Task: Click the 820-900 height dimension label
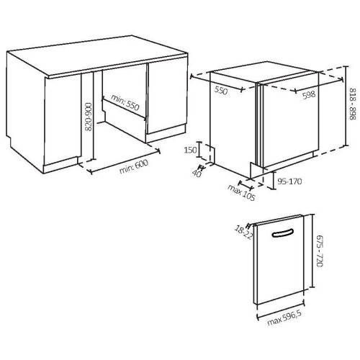click(89, 117)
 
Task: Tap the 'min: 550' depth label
click(125, 102)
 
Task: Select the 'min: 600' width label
click(134, 166)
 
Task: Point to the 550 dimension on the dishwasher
click(220, 91)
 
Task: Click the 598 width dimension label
click(309, 95)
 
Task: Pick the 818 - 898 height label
click(352, 104)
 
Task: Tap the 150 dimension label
click(190, 150)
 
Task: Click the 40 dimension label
click(197, 174)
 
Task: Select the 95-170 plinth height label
click(289, 181)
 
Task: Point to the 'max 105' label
click(241, 192)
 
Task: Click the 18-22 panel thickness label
click(243, 233)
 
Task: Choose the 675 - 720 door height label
click(320, 251)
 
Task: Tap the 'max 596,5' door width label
click(284, 318)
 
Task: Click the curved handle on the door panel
click(283, 233)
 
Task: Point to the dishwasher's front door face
click(291, 120)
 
